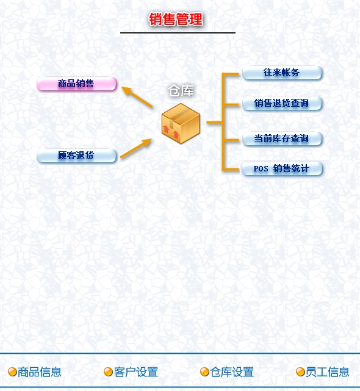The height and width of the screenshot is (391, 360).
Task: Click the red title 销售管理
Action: click(x=176, y=19)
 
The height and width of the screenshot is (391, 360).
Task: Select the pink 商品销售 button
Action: click(x=77, y=84)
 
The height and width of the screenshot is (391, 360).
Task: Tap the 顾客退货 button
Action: click(x=77, y=156)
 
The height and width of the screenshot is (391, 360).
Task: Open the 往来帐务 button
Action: click(x=282, y=73)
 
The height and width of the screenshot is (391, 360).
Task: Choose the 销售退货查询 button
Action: click(x=282, y=103)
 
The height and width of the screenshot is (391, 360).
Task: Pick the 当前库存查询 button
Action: click(x=282, y=138)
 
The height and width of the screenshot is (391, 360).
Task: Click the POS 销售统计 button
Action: click(x=282, y=168)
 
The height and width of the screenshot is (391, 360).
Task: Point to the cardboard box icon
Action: click(x=181, y=123)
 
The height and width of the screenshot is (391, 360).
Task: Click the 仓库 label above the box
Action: click(x=181, y=90)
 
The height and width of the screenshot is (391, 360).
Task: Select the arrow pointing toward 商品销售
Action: click(x=137, y=97)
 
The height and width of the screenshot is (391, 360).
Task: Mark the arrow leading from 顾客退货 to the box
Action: click(x=136, y=148)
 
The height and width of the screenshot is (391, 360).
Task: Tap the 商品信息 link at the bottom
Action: click(x=40, y=372)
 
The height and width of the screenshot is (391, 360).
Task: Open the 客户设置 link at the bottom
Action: click(x=135, y=372)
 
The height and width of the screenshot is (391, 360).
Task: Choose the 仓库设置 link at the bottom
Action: click(x=232, y=372)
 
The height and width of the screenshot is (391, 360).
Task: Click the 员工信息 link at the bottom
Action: click(x=327, y=372)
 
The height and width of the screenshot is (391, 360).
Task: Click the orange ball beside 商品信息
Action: click(x=12, y=372)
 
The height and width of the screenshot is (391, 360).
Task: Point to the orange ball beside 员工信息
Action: click(x=300, y=372)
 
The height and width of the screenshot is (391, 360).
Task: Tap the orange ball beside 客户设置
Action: click(x=108, y=372)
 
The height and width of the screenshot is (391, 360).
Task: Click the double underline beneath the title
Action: click(x=178, y=33)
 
